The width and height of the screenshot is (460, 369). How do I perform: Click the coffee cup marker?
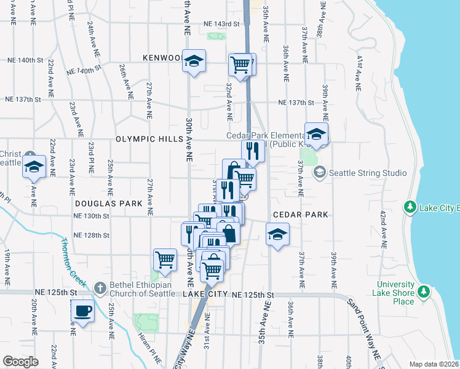pyautogui.click(x=82, y=311)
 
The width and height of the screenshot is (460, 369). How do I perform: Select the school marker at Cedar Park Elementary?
pyautogui.click(x=316, y=135)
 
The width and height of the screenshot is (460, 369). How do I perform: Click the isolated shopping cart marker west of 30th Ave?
pyautogui.click(x=165, y=260)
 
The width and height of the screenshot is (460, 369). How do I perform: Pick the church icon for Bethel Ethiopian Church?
pyautogui.click(x=100, y=287)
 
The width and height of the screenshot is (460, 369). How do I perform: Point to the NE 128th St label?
pyautogui.click(x=91, y=235)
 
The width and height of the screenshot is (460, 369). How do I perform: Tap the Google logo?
pyautogui.click(x=20, y=361)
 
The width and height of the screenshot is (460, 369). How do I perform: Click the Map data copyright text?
pyautogui.click(x=434, y=364)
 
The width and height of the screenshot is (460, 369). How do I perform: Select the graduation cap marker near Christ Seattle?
pyautogui.click(x=34, y=167)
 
